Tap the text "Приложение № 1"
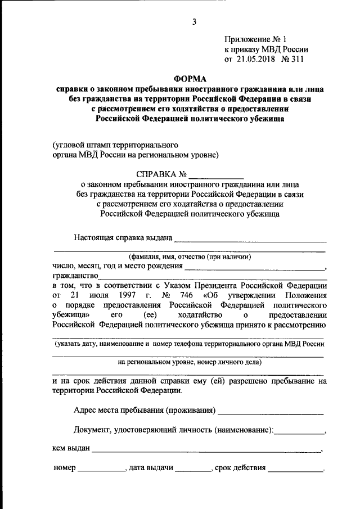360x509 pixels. pos(255,39)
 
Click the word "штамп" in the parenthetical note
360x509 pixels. pos(98,144)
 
